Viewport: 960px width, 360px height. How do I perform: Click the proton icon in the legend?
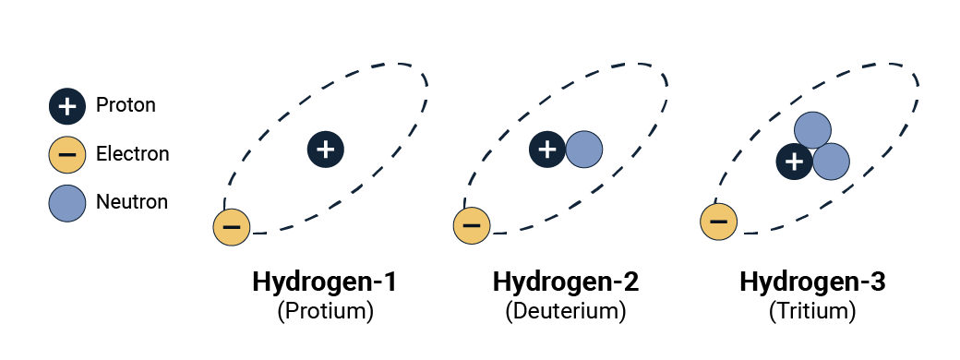click(67, 106)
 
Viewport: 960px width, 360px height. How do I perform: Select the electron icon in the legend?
click(67, 154)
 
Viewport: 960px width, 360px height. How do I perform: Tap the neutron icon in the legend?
click(67, 203)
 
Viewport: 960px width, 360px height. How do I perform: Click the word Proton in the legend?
click(126, 105)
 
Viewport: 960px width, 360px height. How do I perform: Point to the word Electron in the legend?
click(132, 153)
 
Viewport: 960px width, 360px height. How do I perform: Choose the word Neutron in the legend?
click(132, 202)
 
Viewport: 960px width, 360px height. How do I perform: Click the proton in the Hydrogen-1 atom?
click(326, 150)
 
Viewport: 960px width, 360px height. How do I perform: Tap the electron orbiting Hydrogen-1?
click(232, 226)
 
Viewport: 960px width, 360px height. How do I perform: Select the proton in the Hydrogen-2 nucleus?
click(547, 150)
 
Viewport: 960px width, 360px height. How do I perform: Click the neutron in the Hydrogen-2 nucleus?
click(584, 150)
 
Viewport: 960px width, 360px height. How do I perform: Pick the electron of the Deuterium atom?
click(472, 226)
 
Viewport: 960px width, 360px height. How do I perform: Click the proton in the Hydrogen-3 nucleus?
click(794, 162)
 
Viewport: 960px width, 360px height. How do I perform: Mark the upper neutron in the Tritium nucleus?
click(812, 130)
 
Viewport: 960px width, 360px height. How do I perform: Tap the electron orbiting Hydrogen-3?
click(719, 222)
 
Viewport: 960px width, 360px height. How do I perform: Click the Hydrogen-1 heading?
click(325, 282)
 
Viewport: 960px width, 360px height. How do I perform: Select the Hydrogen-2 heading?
click(566, 282)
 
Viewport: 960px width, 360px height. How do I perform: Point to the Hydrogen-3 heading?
click(812, 282)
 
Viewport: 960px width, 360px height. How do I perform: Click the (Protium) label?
click(325, 312)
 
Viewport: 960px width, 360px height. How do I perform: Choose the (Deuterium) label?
click(566, 312)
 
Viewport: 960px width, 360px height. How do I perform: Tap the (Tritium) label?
click(811, 312)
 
